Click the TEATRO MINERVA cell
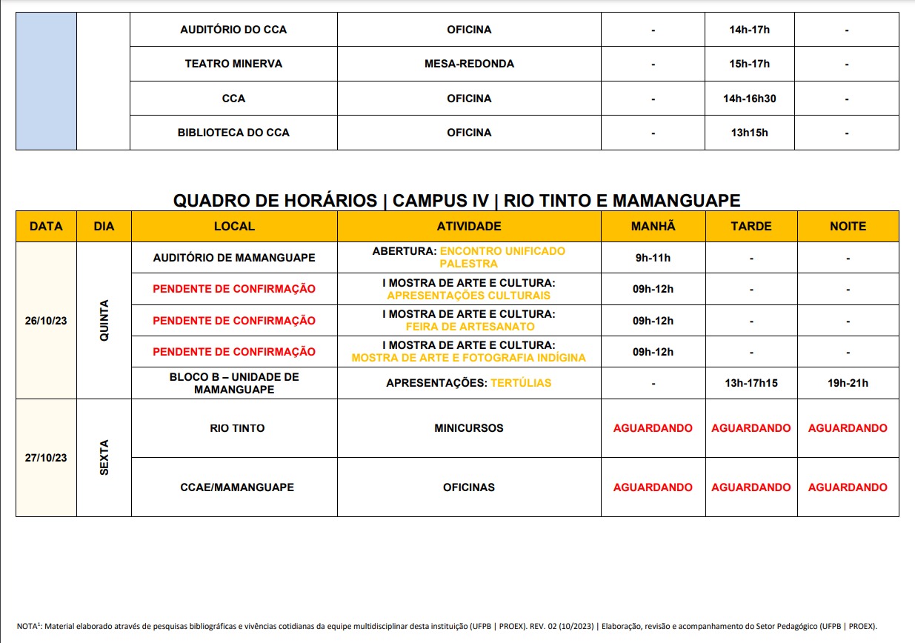[x=233, y=64]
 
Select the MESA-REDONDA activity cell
[x=469, y=64]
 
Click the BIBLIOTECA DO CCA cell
[x=233, y=133]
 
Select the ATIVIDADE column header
[x=469, y=226]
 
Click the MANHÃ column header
[x=653, y=226]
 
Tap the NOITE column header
[x=848, y=226]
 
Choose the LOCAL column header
[x=233, y=226]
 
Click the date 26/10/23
[x=46, y=321]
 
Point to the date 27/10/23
[x=46, y=458]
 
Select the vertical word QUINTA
[x=104, y=320]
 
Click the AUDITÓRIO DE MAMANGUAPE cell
[x=233, y=258]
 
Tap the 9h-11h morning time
[x=653, y=258]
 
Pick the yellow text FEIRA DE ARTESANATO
[x=470, y=327]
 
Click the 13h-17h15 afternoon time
[x=751, y=383]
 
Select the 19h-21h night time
[x=848, y=383]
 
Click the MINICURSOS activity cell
[x=469, y=428]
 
